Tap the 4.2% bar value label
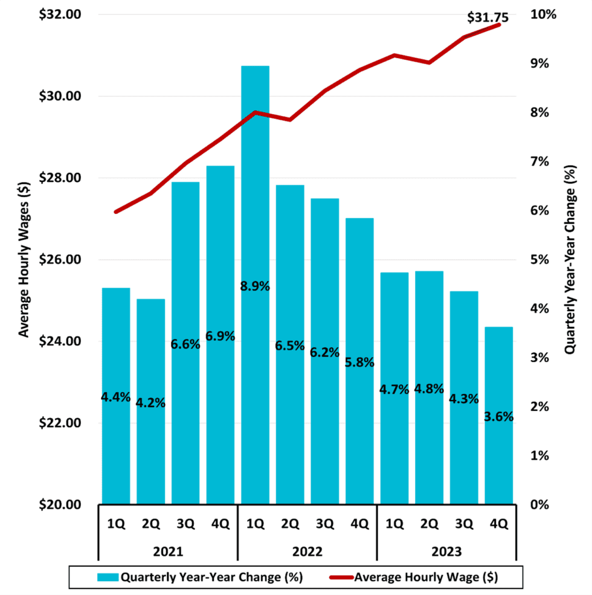[150, 403]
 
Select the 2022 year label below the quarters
[307, 552]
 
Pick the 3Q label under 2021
[185, 524]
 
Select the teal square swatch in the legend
[108, 577]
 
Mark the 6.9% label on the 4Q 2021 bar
[220, 336]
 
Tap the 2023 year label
[446, 552]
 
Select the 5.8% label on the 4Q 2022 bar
[360, 362]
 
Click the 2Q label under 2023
[430, 524]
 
